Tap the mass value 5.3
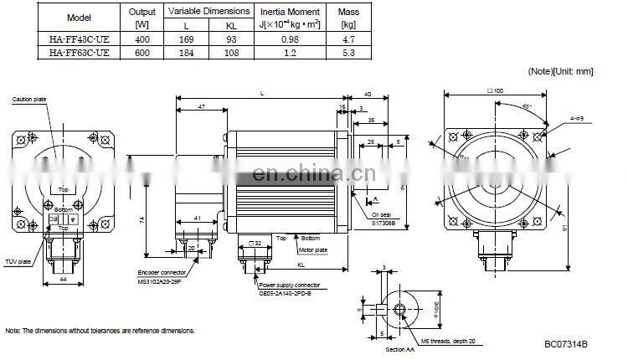[348, 53]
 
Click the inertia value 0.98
[290, 39]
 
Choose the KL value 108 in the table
[231, 53]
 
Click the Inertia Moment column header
[290, 11]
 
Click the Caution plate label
[29, 100]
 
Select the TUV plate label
[18, 262]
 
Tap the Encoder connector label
[161, 273]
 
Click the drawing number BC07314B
[565, 344]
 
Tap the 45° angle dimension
[525, 108]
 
